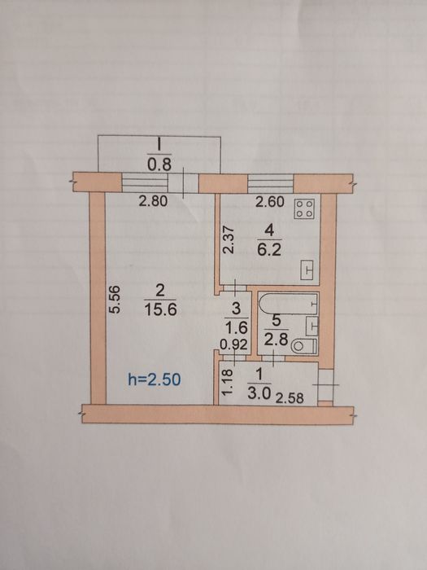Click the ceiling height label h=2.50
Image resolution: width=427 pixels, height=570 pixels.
155,380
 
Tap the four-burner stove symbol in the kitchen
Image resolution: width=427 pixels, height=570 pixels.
305,209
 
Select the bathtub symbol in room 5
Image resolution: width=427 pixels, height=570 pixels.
288,304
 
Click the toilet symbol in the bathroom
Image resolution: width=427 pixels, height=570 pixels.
304,346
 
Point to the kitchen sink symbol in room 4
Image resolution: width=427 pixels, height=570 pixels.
307,270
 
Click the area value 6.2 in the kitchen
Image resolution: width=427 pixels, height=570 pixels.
269,250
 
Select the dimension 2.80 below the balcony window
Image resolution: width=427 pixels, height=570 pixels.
153,201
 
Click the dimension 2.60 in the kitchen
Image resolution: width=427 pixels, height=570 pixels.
270,202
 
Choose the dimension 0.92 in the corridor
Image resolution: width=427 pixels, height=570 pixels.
234,344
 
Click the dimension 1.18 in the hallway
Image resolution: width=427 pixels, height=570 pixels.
227,383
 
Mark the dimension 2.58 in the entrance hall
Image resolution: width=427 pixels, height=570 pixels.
290,398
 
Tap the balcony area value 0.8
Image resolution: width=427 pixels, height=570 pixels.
159,165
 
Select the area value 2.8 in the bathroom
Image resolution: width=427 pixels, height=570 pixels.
276,340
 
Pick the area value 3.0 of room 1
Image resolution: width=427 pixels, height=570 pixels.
259,393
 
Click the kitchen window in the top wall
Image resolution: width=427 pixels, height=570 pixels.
271,183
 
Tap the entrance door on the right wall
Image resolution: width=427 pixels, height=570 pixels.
325,385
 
